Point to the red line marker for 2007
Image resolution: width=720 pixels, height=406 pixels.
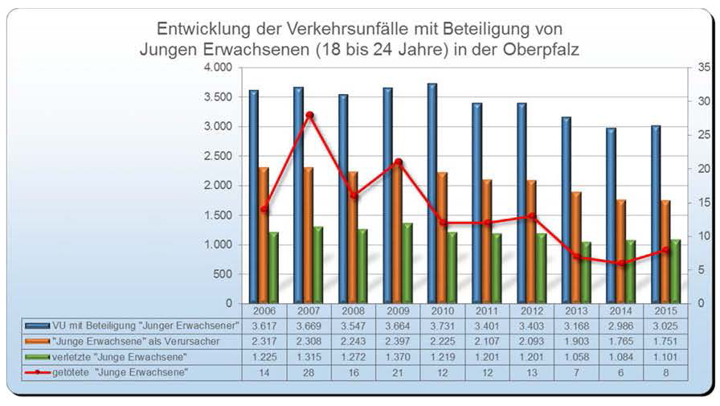click(x=309, y=115)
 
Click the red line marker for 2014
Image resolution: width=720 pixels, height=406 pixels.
click(x=620, y=263)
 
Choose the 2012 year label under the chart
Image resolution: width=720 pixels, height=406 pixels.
click(x=533, y=311)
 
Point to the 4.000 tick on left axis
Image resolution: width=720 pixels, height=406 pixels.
click(x=216, y=68)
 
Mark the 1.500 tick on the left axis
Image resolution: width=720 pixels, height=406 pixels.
click(x=216, y=215)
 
